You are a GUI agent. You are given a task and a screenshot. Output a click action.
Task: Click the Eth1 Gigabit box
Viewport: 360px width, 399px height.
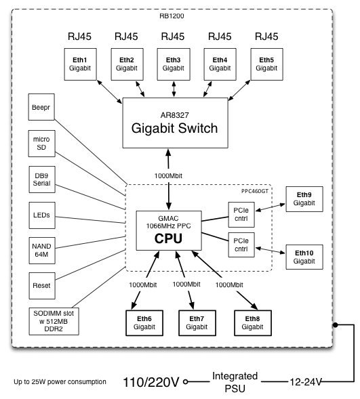80,64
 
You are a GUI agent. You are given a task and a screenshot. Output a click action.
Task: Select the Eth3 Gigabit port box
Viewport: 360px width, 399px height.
173,64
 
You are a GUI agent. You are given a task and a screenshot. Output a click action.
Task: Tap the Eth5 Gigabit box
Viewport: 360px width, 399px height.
266,64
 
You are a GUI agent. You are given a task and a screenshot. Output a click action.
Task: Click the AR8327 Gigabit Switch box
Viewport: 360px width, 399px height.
173,123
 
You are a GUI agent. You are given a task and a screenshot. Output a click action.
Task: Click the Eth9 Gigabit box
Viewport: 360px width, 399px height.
304,198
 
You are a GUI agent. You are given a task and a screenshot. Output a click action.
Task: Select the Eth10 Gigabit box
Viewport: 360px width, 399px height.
304,257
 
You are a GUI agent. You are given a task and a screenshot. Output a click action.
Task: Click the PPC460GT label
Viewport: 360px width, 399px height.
254,191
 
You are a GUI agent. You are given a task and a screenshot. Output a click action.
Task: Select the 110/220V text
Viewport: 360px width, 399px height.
151,381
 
